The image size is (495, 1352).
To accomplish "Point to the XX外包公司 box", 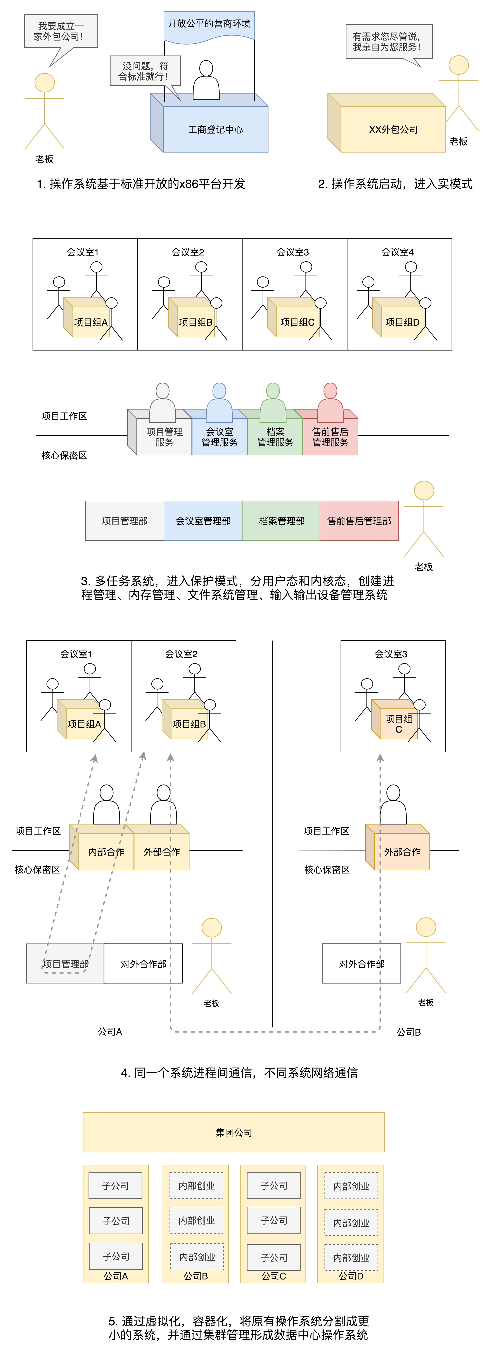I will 393,130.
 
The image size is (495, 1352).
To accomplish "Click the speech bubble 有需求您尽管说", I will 389,42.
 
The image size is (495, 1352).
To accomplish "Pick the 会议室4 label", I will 397,252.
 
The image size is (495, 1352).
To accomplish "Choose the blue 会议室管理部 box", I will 203,521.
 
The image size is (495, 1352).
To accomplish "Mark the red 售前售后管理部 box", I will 359,521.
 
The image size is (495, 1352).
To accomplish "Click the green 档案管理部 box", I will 281,521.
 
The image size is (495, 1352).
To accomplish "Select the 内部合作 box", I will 106,852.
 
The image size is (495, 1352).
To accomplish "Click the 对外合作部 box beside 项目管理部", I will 143,964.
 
